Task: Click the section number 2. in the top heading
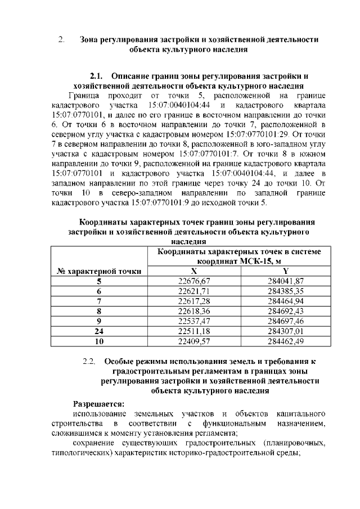coord(61,40)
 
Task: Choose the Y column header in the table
coord(285,271)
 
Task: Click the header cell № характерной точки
coord(99,271)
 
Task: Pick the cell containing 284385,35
coord(285,291)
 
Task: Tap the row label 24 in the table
coord(99,331)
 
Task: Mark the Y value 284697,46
coord(285,321)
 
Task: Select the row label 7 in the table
coord(99,301)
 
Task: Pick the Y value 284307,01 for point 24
coord(285,331)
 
